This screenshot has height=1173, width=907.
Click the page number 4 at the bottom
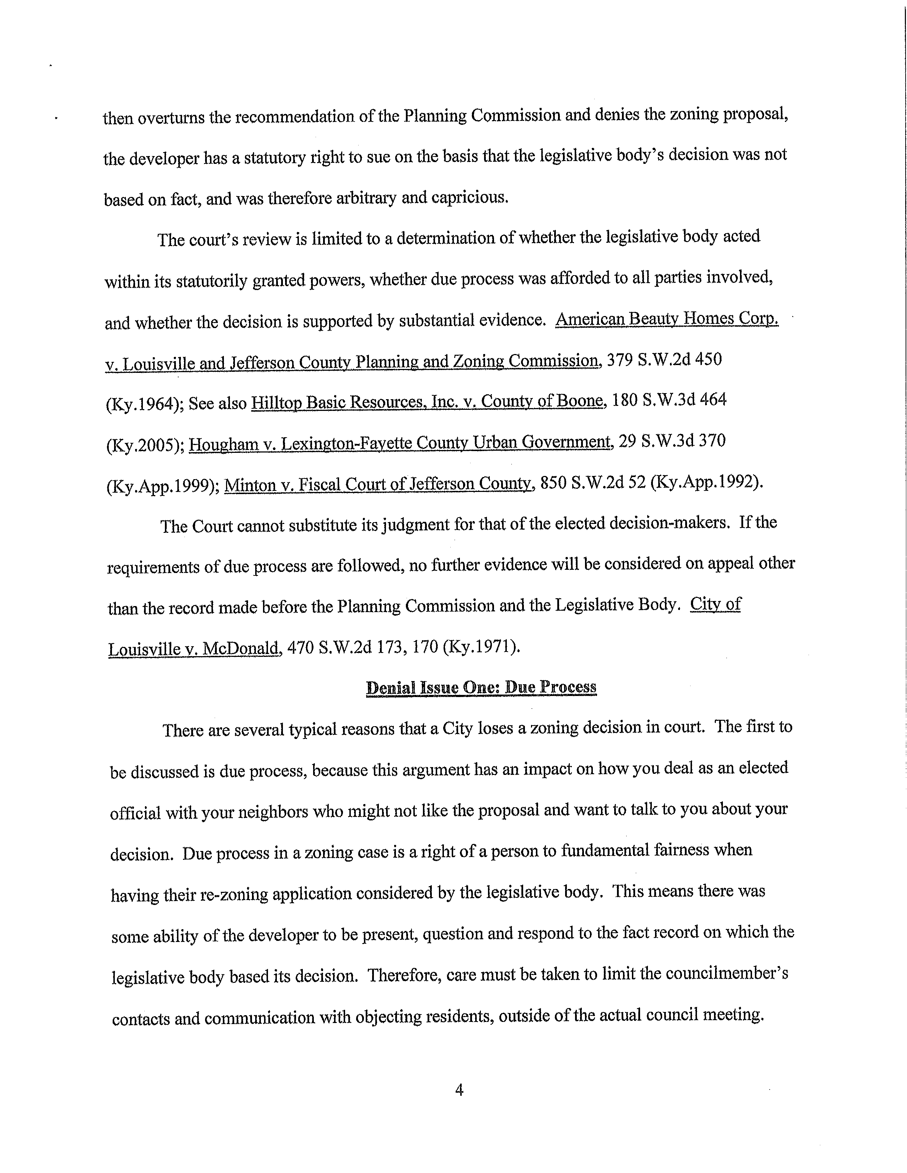(458, 1090)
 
